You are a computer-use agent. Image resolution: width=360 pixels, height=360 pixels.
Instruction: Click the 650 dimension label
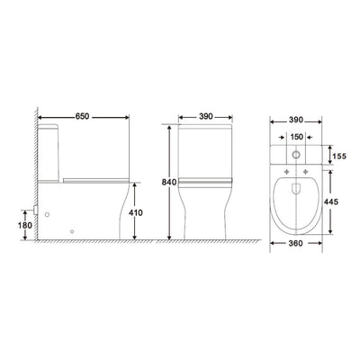(82, 116)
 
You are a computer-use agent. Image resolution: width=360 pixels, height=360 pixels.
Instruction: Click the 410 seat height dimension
(136, 212)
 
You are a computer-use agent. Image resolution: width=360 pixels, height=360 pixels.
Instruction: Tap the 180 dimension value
(25, 225)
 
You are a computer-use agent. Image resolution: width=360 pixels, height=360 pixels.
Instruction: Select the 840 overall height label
(169, 182)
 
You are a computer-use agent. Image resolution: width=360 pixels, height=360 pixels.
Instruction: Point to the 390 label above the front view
(206, 116)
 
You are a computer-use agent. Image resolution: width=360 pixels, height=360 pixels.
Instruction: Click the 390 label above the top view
(296, 120)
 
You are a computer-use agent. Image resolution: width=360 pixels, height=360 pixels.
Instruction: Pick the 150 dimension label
(297, 137)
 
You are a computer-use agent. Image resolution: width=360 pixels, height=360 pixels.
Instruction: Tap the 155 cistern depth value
(339, 156)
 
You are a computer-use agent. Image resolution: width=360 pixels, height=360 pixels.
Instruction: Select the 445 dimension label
(331, 202)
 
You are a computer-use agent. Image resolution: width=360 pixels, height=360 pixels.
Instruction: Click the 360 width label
(296, 243)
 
